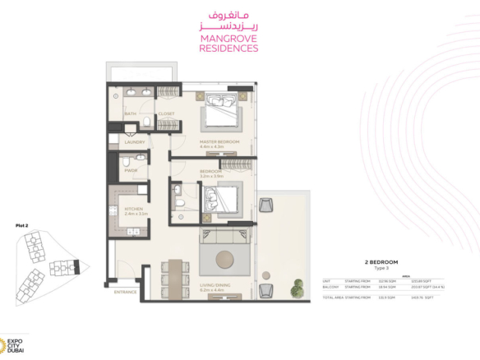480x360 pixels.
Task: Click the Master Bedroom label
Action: [219, 141]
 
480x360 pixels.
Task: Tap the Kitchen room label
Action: [134, 210]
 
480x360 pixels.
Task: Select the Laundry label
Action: [135, 141]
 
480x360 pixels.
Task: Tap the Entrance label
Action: [126, 292]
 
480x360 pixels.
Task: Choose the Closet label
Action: [166, 114]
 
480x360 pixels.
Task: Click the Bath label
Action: [131, 114]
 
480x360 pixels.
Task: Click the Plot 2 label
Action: [22, 224]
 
